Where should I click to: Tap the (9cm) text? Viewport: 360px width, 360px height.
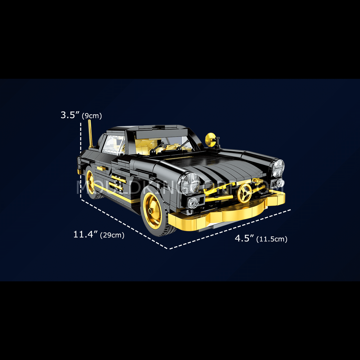click(92, 116)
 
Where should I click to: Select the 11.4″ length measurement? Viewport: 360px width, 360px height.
click(86, 234)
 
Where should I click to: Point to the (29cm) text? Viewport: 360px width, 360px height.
click(112, 235)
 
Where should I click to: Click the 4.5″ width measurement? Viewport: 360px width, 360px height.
click(244, 238)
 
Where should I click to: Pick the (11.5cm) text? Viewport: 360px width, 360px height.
click(272, 239)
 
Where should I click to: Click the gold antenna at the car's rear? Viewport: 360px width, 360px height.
click(90, 134)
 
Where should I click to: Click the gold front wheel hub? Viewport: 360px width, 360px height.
click(152, 211)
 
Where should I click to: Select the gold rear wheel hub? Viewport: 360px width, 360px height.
click(90, 182)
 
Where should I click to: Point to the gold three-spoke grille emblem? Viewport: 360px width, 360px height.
click(244, 193)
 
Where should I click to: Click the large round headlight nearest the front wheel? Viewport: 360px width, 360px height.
click(190, 183)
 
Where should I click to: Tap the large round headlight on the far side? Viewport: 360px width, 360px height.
click(278, 168)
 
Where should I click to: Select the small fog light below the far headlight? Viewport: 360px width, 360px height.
click(280, 183)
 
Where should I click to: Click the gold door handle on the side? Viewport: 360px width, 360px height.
click(101, 169)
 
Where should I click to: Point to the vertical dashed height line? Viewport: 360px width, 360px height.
click(81, 161)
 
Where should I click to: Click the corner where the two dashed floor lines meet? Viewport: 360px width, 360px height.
click(169, 249)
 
